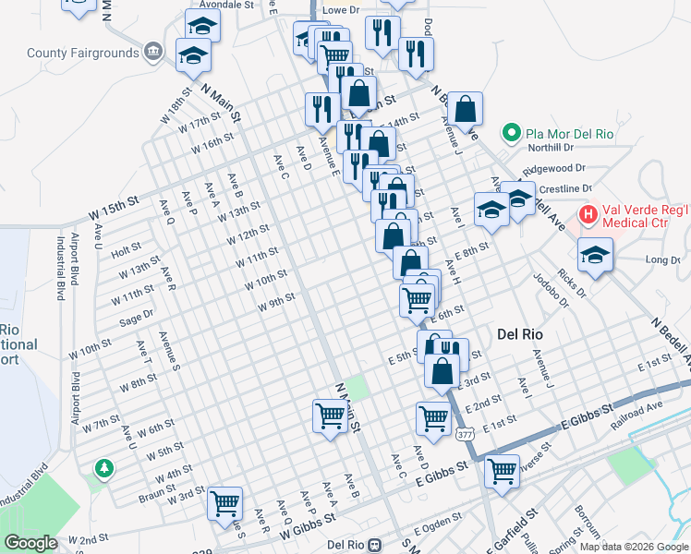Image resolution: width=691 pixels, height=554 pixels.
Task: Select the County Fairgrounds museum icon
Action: pyautogui.click(x=154, y=52)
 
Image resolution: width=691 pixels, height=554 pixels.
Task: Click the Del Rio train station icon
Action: pyautogui.click(x=375, y=545)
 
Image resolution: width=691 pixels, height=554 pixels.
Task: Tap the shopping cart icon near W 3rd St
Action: pyautogui.click(x=224, y=504)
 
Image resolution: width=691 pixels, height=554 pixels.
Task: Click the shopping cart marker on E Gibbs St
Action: pyautogui.click(x=502, y=470)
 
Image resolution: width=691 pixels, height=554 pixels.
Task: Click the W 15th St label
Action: pyautogui.click(x=114, y=213)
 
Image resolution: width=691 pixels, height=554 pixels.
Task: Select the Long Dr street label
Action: pyautogui.click(x=662, y=260)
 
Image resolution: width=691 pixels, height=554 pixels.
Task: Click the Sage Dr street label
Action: pyautogui.click(x=136, y=319)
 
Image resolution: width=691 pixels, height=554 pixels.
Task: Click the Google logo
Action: pyautogui.click(x=30, y=543)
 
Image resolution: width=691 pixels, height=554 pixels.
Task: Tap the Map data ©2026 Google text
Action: pyautogui.click(x=634, y=546)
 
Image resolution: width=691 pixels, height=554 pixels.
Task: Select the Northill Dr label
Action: pyautogui.click(x=551, y=148)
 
